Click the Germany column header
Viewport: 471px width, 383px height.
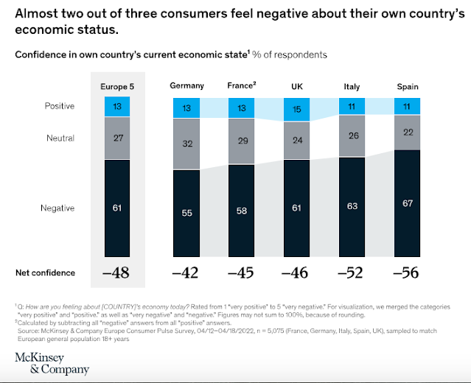tap(186, 86)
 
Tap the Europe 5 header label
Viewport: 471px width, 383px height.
tap(118, 87)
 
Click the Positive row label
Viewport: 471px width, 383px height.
tap(60, 106)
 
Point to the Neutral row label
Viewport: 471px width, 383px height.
tap(60, 138)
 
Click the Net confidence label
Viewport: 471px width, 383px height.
tap(45, 273)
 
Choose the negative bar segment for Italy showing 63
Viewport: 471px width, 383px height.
tap(352, 205)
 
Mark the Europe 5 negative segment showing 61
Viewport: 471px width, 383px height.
tap(118, 208)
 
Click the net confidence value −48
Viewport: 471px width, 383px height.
tap(118, 273)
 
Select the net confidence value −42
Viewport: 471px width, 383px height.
tap(186, 273)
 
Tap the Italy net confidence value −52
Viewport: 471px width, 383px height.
tap(352, 273)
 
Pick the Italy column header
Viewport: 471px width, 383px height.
tap(352, 86)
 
